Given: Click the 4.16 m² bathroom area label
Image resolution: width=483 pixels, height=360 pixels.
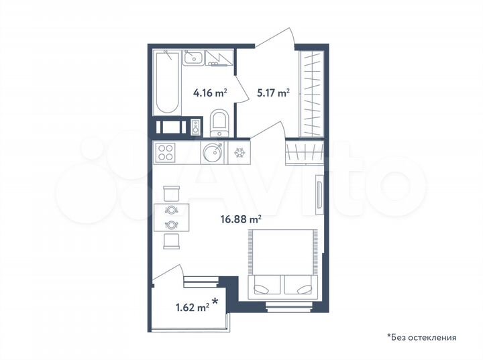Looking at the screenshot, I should click(209, 94).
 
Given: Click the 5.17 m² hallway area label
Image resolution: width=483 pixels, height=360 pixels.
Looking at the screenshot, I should click(273, 94).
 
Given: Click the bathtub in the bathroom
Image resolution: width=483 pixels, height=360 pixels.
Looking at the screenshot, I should click(167, 84).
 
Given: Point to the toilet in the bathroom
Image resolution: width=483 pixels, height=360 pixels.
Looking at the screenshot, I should click(219, 123).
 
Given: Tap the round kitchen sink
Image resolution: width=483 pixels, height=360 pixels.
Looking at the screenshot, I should click(214, 153).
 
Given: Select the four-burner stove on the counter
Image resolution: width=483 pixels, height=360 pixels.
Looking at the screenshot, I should click(165, 153).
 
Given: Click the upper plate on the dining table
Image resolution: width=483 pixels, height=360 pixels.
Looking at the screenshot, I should click(171, 210).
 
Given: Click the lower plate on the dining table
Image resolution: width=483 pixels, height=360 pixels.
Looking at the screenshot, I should click(171, 225).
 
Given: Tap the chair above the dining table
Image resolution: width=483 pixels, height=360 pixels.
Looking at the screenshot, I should click(171, 193).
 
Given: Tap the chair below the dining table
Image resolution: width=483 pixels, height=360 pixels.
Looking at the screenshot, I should click(171, 241).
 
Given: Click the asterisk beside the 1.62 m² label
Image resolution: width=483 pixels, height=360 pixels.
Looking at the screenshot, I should click(216, 302).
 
